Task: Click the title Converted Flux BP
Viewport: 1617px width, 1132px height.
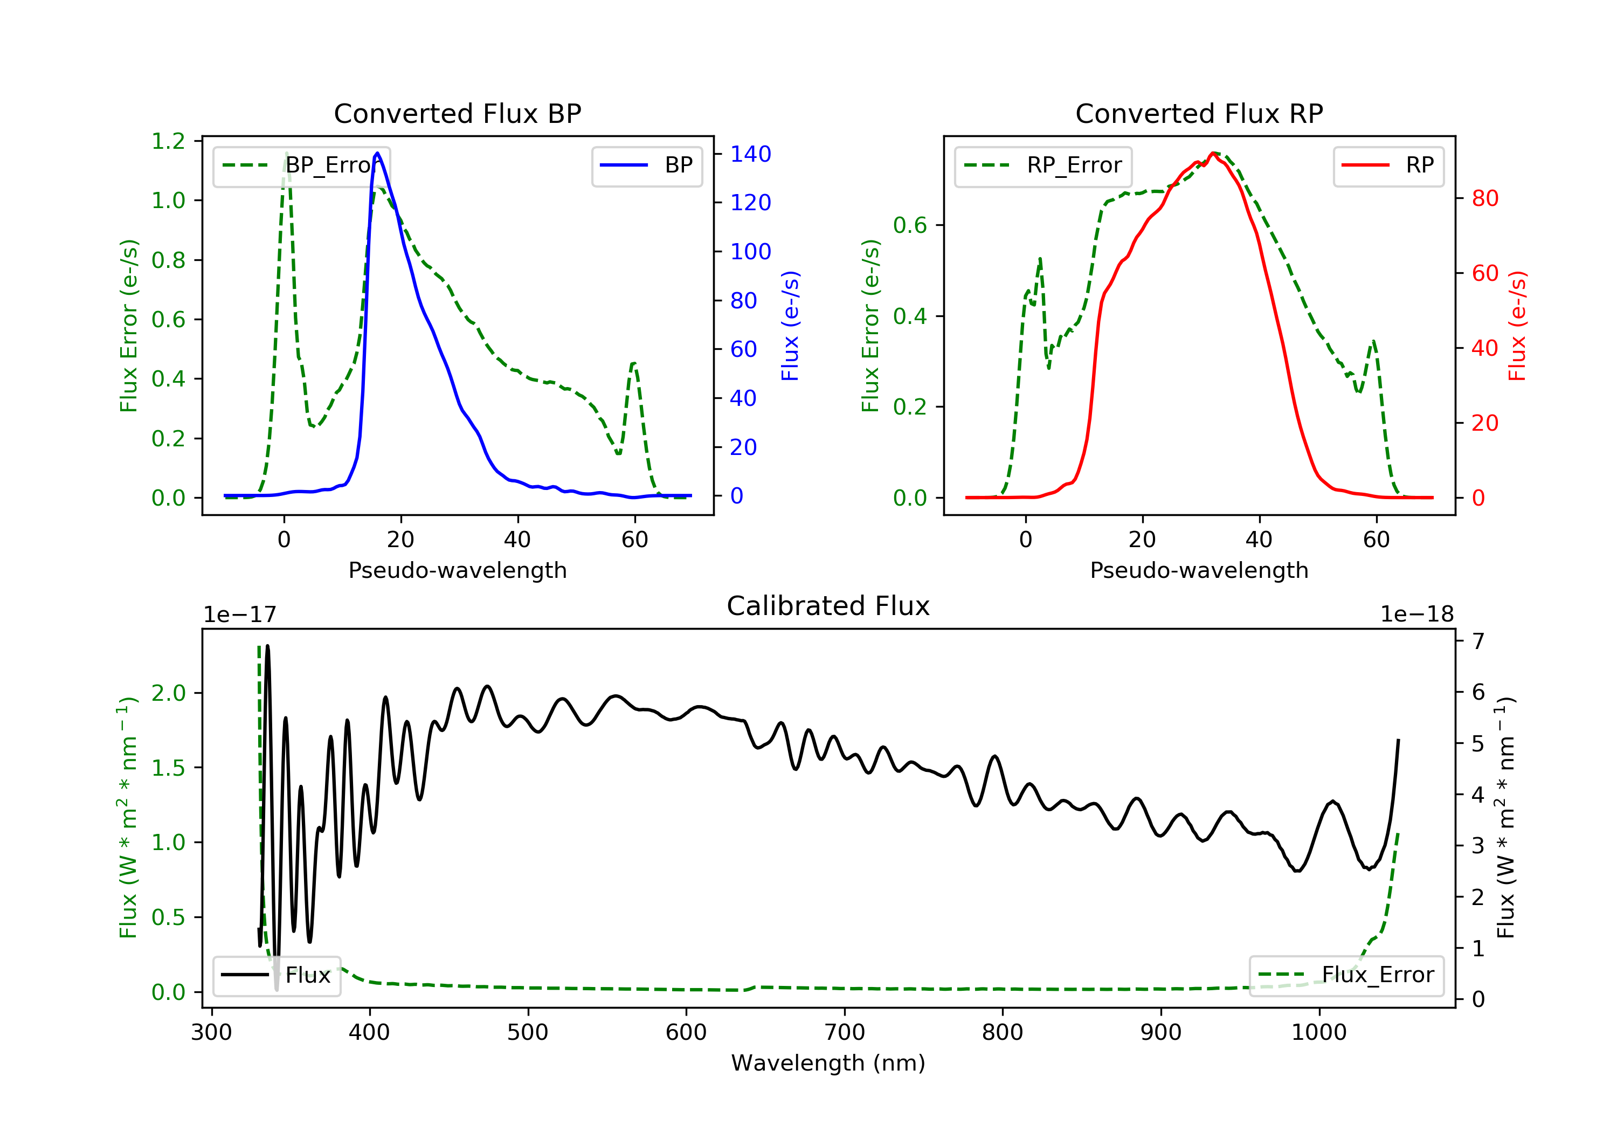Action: point(458,113)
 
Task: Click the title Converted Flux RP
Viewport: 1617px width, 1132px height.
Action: point(1199,113)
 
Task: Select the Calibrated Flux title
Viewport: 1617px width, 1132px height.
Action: point(828,606)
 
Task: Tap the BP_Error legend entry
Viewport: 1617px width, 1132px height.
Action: point(301,165)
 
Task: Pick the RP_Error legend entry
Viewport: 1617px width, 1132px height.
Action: point(1043,165)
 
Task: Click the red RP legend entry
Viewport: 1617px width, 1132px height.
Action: point(1388,165)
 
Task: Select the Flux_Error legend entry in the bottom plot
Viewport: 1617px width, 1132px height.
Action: point(1346,975)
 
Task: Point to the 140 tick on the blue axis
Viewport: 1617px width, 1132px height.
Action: point(751,154)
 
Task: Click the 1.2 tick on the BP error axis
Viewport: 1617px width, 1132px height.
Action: point(168,141)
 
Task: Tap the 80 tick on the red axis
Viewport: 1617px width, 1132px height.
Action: point(1485,199)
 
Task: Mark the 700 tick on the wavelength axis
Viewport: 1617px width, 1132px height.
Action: point(845,1033)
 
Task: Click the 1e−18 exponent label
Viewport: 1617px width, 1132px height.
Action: point(1417,615)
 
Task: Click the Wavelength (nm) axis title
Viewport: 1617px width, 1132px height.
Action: point(828,1063)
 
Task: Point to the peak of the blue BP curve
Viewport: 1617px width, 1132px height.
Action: point(377,153)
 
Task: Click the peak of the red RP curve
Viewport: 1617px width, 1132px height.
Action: point(1213,153)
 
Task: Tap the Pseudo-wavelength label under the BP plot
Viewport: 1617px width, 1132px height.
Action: point(458,570)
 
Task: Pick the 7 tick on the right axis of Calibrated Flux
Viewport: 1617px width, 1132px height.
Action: point(1478,641)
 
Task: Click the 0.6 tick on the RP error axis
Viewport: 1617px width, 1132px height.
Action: point(910,225)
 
